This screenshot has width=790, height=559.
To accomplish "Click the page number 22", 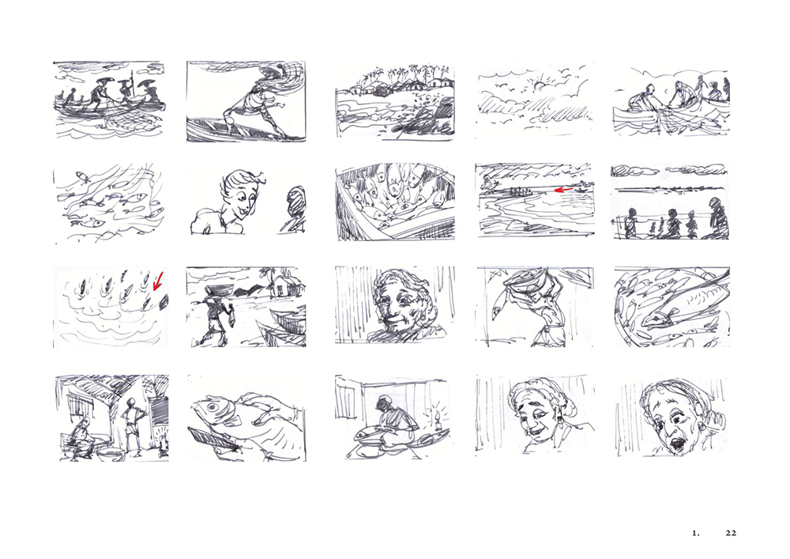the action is [x=731, y=533].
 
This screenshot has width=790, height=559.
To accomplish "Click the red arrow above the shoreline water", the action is [x=563, y=190].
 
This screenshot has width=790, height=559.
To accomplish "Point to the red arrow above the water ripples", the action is [x=158, y=281].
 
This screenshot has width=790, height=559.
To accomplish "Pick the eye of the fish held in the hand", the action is [x=210, y=406].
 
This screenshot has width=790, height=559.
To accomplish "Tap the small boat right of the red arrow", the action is [x=581, y=190].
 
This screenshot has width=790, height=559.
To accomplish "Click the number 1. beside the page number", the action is [x=696, y=533].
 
